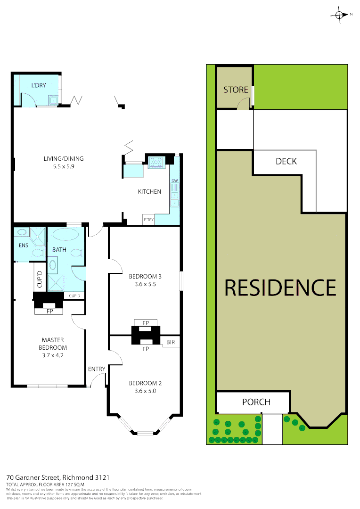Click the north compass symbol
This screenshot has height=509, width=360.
(339, 14)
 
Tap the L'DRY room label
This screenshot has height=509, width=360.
(39, 85)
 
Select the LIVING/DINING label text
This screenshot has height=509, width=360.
(64, 159)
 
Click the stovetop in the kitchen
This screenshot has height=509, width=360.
(156, 162)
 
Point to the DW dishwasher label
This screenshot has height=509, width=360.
(175, 181)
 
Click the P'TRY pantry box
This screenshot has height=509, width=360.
(148, 220)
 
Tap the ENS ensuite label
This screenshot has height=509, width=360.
(24, 245)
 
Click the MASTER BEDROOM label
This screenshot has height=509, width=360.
(53, 344)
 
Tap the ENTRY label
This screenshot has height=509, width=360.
(97, 369)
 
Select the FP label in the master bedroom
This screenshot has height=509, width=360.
(49, 312)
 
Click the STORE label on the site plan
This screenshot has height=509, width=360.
(236, 90)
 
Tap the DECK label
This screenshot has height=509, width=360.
(286, 161)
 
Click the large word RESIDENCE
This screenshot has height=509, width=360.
(280, 287)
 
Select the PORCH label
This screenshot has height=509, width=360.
(256, 402)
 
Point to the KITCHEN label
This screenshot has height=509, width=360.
(149, 192)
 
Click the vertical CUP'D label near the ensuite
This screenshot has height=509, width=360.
(40, 279)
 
